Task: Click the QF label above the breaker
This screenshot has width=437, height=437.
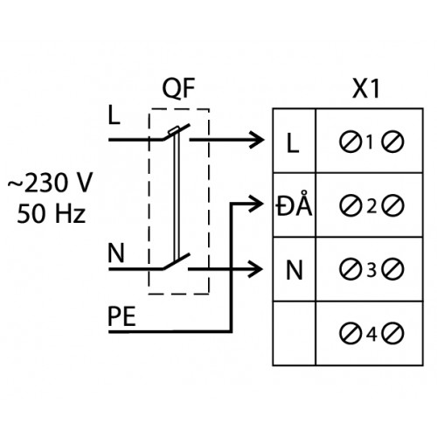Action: point(178,88)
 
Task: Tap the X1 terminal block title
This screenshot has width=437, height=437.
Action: point(366,88)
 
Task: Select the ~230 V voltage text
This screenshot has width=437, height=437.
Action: point(50,183)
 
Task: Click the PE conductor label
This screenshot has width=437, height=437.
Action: point(121,316)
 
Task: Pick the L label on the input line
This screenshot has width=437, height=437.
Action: point(114,115)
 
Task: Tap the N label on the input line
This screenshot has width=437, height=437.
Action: point(116,253)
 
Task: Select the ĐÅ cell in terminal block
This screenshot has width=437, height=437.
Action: point(295,204)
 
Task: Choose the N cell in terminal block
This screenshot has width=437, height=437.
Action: point(295,270)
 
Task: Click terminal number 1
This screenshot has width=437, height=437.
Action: point(371,142)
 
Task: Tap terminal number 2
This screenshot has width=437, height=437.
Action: point(371,206)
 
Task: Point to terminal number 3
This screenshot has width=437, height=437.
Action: point(371,270)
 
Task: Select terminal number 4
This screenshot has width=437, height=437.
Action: point(371,334)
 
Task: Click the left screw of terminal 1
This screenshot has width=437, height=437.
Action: point(350,142)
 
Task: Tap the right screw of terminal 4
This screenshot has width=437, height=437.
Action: point(393,333)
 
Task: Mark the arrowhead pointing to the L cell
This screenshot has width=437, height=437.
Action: point(257,140)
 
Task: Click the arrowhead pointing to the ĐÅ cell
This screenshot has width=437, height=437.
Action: point(256,204)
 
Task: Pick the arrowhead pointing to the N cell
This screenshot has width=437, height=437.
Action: point(255,269)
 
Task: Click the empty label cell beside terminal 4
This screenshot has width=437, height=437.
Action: point(295,333)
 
